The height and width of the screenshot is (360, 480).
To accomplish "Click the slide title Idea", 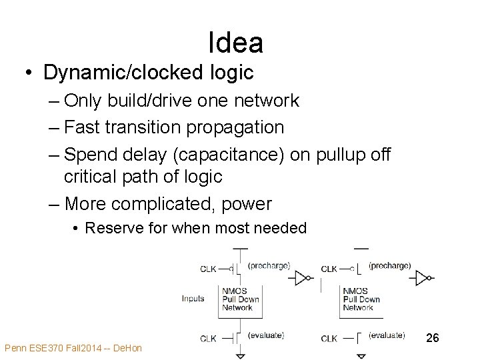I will point(235,43).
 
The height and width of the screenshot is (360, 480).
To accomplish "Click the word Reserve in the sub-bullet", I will point(115,228).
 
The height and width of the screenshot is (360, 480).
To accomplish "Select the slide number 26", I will point(433,339).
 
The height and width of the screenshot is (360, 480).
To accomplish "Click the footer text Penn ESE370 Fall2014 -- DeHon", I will point(73,348).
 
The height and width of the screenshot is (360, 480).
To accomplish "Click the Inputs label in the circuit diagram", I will point(193,298).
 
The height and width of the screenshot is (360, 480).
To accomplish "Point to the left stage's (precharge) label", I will point(269,265).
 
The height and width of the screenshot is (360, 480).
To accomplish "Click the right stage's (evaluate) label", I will point(386,335).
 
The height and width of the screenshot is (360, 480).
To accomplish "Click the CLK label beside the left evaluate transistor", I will point(209,338).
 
